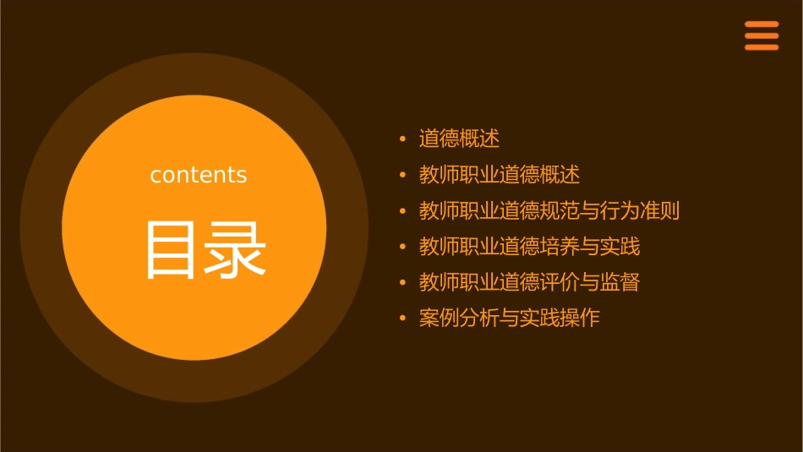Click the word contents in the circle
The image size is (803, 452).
point(199,175)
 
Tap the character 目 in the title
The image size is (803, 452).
point(170,250)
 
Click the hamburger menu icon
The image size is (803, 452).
point(761,35)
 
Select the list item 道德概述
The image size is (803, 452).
point(459,139)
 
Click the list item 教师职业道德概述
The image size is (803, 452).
point(499,175)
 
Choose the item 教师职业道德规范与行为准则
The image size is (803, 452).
point(549,210)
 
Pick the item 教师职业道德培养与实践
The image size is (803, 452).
point(529,247)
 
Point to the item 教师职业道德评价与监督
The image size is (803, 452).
point(529,282)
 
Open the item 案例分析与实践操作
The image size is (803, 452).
point(509,319)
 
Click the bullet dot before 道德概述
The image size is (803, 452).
point(403,139)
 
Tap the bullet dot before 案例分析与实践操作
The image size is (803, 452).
point(403,319)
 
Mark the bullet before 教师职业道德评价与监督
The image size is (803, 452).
point(403,282)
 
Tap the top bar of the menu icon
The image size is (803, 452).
point(761,24)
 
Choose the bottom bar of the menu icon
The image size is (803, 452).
point(761,47)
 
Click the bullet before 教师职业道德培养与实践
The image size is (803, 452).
point(403,247)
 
